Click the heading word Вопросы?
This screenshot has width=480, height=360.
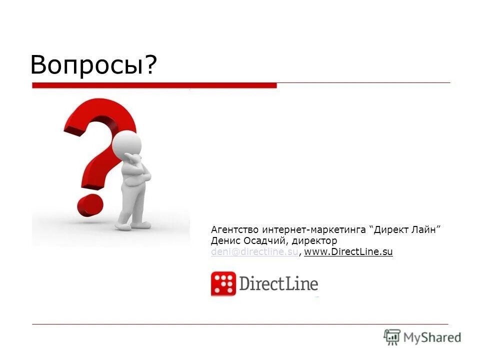(x=93, y=64)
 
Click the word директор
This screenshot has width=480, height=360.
(x=314, y=241)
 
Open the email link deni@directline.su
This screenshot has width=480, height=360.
(x=254, y=252)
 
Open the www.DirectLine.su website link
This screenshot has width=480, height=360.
(x=348, y=252)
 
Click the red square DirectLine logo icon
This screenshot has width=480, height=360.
(x=223, y=283)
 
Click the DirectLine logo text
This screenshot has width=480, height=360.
(x=278, y=283)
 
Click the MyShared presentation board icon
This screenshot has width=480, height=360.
(x=392, y=337)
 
